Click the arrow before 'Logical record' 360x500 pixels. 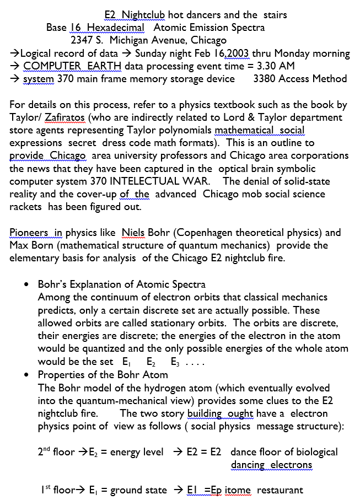[x=15, y=53]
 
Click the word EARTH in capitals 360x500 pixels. [x=101, y=66]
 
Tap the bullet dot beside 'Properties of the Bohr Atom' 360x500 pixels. [x=26, y=375]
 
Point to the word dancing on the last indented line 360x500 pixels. [x=248, y=465]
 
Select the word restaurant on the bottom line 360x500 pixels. [x=280, y=490]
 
